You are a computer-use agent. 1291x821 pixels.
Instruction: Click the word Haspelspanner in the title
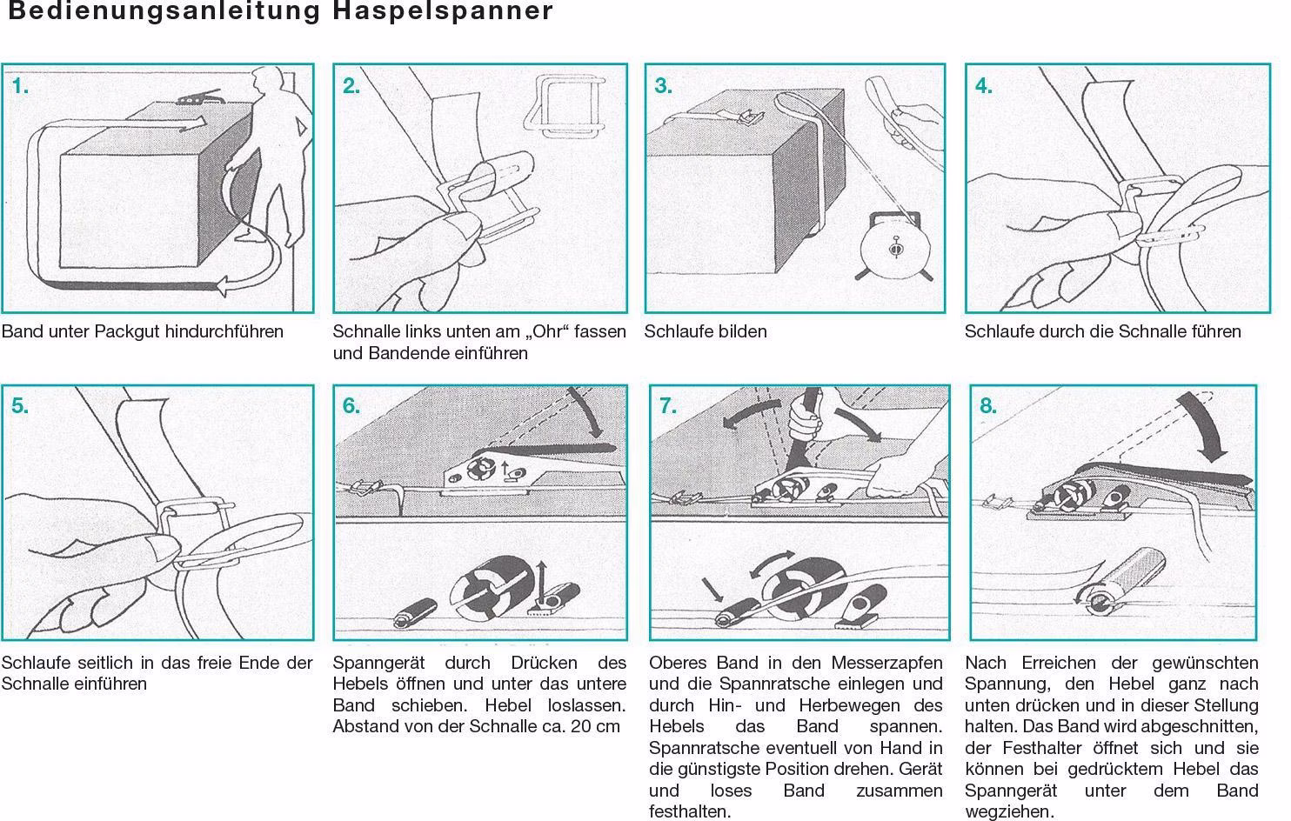point(443,11)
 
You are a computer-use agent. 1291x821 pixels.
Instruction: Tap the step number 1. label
point(20,86)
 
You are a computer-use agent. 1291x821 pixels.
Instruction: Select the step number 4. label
point(984,86)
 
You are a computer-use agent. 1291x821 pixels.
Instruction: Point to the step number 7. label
point(668,406)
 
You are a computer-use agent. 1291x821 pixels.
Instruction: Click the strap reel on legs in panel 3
point(894,248)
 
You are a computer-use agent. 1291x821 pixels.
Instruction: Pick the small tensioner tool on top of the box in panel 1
point(199,97)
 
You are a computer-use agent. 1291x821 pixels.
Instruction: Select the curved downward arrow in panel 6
point(588,412)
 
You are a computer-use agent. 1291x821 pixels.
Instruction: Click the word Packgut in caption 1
point(127,332)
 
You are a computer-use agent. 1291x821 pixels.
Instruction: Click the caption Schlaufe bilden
point(706,332)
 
